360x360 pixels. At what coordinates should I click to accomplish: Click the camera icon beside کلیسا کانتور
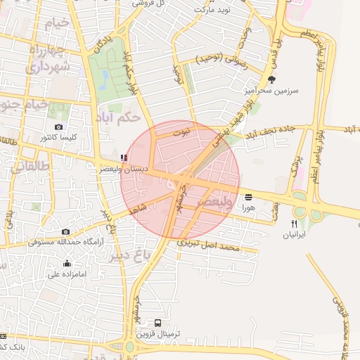pyautogui.click(x=58, y=127)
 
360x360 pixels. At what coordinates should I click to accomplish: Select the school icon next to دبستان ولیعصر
pyautogui.click(x=124, y=157)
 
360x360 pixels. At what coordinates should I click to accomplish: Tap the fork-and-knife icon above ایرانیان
pyautogui.click(x=294, y=224)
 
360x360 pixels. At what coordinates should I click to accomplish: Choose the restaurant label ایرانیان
pyautogui.click(x=294, y=235)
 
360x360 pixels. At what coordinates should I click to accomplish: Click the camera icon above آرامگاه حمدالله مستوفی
pyautogui.click(x=65, y=231)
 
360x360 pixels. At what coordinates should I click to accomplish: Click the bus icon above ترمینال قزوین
pyautogui.click(x=157, y=323)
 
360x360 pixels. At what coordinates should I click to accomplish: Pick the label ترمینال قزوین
pyautogui.click(x=158, y=334)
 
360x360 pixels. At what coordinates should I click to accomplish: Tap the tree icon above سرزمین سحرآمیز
pyautogui.click(x=272, y=79)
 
